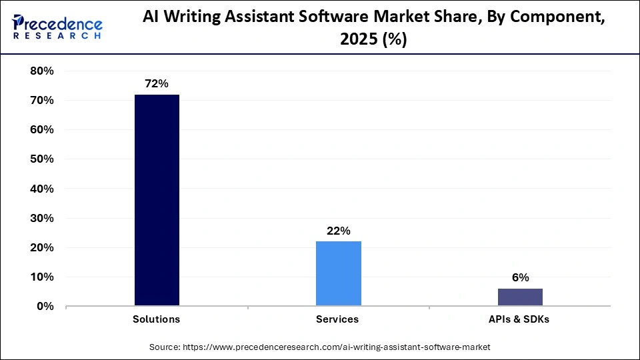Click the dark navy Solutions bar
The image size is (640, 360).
point(157,200)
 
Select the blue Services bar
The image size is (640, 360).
point(338,273)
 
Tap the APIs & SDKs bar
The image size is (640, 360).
point(520,297)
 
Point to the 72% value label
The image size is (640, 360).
point(157,83)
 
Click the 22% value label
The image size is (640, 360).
point(338,231)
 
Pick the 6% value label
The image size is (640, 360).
point(520,277)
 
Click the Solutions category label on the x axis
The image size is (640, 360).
point(157,319)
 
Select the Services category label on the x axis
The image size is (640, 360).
point(337,319)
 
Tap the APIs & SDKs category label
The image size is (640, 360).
point(519,319)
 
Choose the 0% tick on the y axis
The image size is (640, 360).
point(43,307)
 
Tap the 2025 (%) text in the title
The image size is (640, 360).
point(373,39)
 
